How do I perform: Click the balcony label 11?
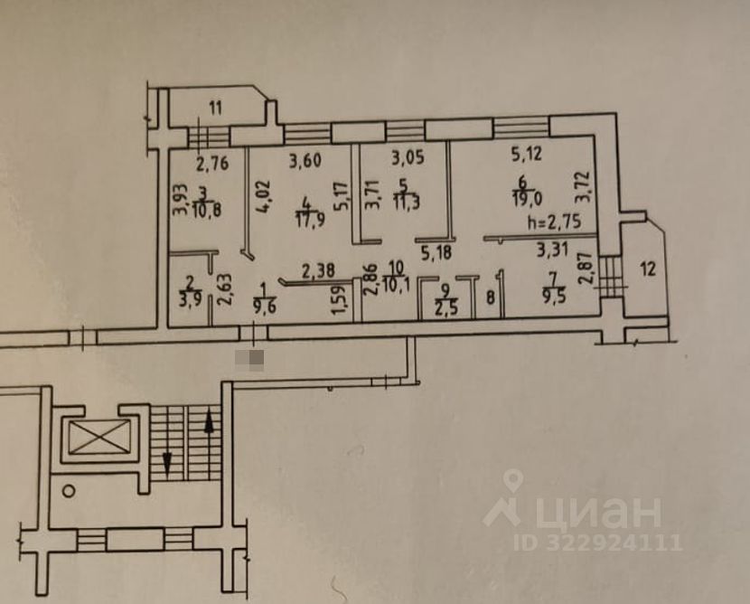pyautogui.click(x=215, y=109)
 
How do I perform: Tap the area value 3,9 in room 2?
pyautogui.click(x=192, y=300)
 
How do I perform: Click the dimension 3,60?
pyautogui.click(x=305, y=162)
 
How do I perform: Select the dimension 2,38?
pyautogui.click(x=318, y=268)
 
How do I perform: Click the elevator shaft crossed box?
pyautogui.click(x=94, y=440)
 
